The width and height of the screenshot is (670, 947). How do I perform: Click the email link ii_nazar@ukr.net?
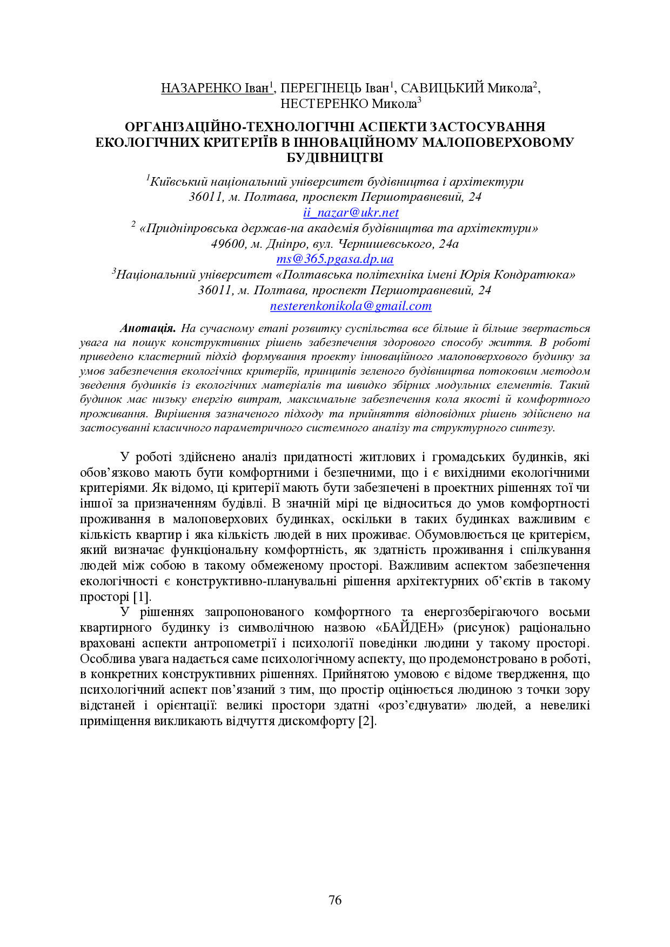tap(351, 213)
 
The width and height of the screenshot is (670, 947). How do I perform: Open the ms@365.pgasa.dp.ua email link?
tap(334, 259)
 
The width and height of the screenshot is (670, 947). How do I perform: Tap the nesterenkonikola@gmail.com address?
tap(351, 306)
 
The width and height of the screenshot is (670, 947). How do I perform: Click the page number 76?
tap(335, 900)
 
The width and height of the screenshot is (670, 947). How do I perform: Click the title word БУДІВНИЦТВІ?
tap(334, 158)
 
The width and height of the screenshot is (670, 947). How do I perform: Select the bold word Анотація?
tap(148, 328)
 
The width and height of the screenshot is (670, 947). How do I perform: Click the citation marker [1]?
tap(142, 597)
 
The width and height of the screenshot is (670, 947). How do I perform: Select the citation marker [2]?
tap(367, 721)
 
